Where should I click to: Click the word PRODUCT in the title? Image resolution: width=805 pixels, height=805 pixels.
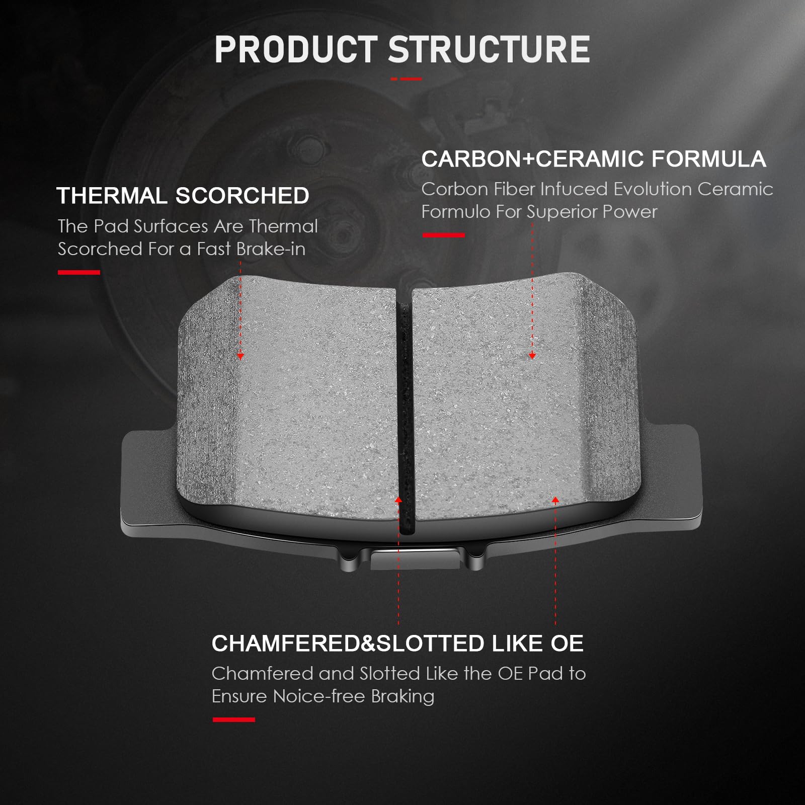[296, 49]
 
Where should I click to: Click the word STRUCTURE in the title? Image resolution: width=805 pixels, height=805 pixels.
[489, 49]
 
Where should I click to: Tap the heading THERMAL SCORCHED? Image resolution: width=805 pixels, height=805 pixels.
[183, 196]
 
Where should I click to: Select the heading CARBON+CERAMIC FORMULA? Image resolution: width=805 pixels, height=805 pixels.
[594, 159]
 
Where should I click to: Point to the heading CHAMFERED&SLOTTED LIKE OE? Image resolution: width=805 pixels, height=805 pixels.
[397, 643]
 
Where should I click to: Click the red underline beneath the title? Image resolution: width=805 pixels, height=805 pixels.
[406, 79]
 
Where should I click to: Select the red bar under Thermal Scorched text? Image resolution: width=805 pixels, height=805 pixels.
[79, 272]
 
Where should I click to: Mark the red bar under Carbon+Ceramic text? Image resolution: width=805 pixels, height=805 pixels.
[443, 235]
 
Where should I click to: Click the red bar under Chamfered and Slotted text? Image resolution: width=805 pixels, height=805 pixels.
[234, 719]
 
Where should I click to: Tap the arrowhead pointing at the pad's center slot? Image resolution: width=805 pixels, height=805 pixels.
[398, 500]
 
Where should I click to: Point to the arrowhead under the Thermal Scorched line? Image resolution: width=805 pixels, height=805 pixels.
[240, 356]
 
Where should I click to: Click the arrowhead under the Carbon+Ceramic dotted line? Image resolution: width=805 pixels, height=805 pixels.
[532, 356]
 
